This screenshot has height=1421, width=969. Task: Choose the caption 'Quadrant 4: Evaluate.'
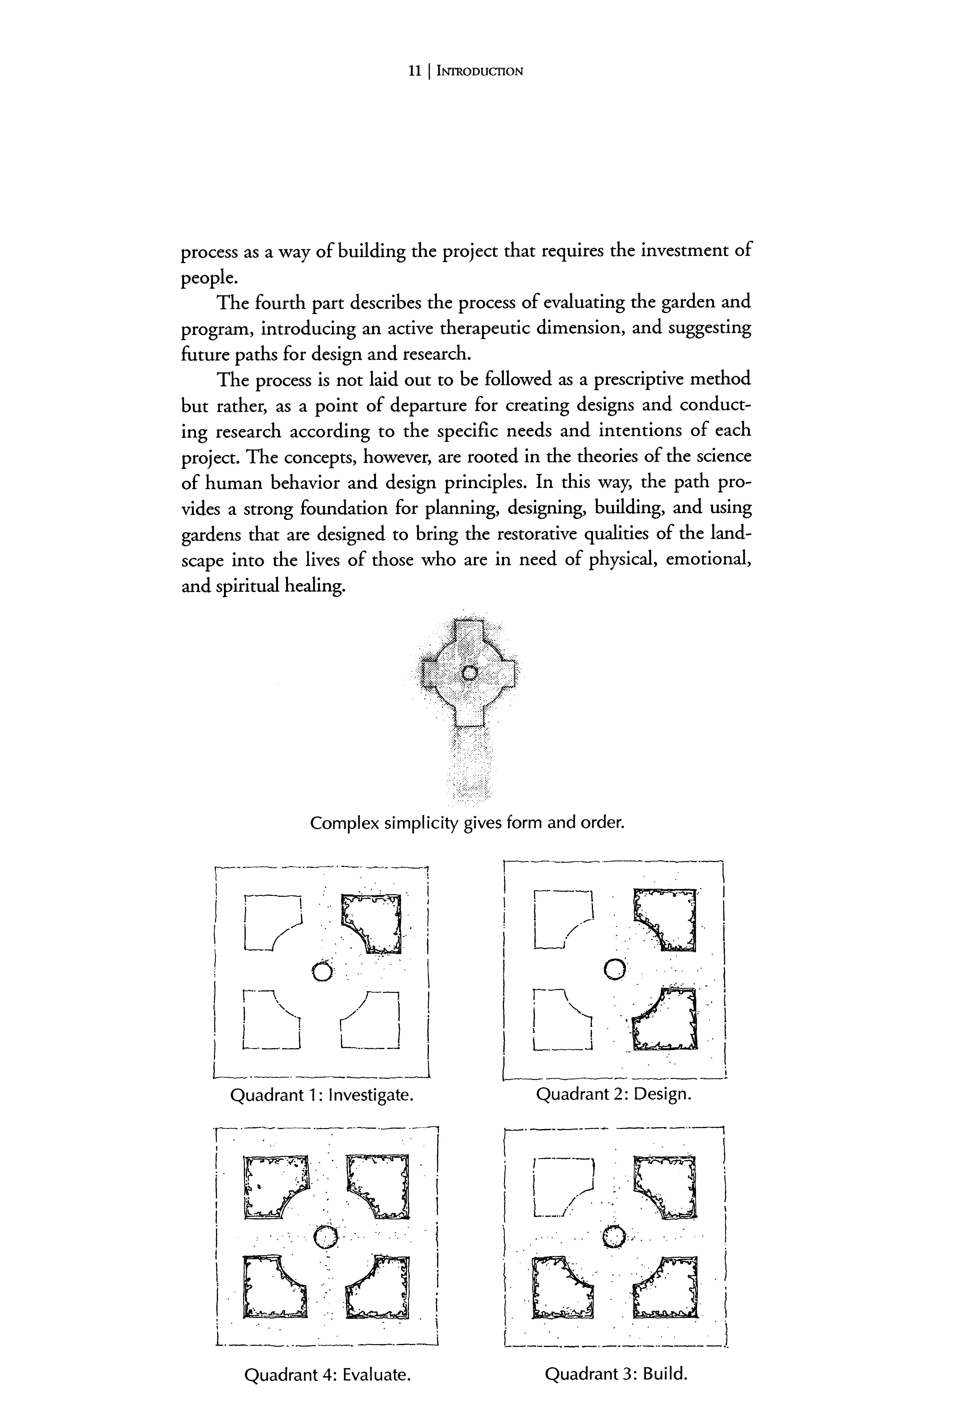coord(326,1375)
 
